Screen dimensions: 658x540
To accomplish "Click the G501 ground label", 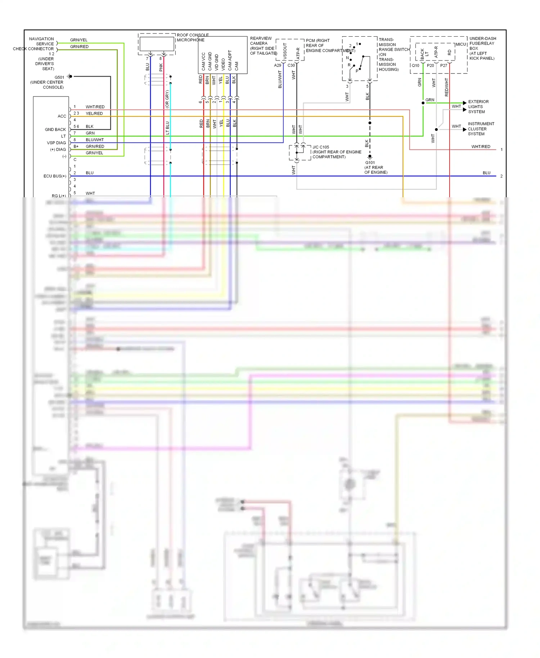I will point(59,77).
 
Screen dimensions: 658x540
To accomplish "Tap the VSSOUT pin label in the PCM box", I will point(285,51).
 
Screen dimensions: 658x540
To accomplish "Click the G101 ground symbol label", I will point(370,163).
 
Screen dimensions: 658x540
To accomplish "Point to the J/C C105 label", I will point(321,147).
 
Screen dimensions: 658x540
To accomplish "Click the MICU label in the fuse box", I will point(461,45).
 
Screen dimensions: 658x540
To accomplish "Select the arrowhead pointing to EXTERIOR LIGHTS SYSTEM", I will point(464,103).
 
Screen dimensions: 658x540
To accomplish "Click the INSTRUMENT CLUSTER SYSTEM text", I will point(481,129).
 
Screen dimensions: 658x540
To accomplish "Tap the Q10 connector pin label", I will point(415,66).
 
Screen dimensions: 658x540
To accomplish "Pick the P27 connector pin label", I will point(444,66).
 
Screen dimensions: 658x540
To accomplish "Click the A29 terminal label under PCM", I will point(278,66).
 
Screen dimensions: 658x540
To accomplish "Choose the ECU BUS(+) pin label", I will point(55,176).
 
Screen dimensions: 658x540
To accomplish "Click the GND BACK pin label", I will point(55,130).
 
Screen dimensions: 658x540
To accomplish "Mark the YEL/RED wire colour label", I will point(94,113).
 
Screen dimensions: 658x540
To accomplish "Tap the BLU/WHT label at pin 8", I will point(95,140).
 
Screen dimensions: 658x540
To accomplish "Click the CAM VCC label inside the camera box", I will point(203,61).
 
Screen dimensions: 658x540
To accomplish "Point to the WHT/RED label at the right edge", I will point(481,147).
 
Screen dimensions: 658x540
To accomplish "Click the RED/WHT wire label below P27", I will point(447,87).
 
